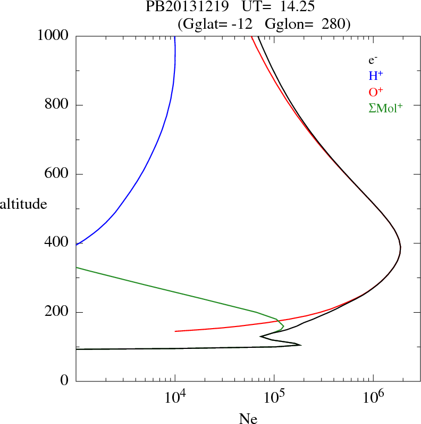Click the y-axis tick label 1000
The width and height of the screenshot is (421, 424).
(53, 36)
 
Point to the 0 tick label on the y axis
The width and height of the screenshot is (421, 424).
(65, 381)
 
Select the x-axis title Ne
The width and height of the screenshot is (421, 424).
(248, 419)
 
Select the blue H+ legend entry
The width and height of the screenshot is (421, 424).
(376, 76)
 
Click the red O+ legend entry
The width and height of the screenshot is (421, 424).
(376, 92)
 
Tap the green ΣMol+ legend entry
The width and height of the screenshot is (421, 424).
(385, 108)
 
